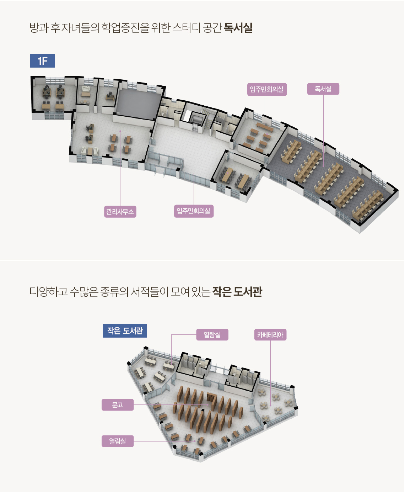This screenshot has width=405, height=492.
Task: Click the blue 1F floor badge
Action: point(43,61)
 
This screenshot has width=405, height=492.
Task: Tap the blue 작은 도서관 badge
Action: point(125,331)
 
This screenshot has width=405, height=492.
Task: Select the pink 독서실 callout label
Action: point(323,89)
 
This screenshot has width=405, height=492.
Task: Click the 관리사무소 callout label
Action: point(120,212)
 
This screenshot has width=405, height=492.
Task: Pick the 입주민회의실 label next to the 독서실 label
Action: point(267,89)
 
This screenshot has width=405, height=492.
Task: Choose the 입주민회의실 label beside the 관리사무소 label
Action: point(194,211)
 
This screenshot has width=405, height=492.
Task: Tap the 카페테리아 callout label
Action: point(270,335)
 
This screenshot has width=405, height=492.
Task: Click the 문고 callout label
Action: point(118,405)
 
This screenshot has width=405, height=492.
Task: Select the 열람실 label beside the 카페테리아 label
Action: point(212,335)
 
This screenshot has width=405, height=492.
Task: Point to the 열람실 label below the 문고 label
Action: point(118,441)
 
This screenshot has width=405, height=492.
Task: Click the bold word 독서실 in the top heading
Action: point(238,28)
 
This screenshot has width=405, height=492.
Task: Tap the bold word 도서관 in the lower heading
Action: point(248,292)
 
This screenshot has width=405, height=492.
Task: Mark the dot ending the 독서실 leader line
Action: point(323,166)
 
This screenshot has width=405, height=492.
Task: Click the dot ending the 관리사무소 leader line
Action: point(120,131)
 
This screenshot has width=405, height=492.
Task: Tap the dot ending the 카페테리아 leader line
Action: point(270,405)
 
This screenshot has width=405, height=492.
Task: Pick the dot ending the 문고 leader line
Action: point(208,405)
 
